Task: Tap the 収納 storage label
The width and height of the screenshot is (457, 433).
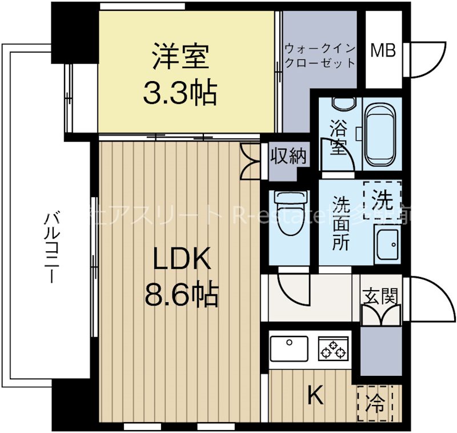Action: tap(288, 155)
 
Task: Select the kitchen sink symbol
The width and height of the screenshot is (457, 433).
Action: tap(288, 347)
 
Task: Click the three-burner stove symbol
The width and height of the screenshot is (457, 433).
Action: tap(333, 348)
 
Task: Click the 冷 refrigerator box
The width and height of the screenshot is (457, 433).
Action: tap(379, 403)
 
